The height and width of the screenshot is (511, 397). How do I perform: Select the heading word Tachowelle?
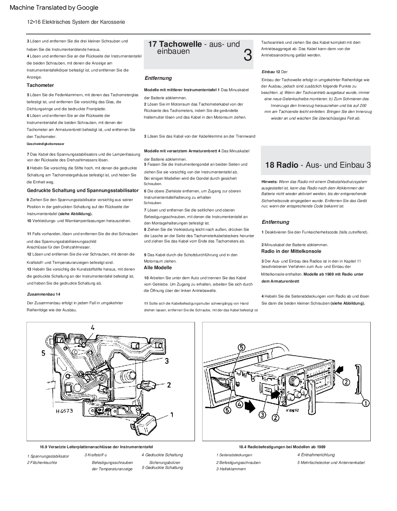coord(180,44)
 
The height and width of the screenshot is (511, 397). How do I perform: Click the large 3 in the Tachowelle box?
coord(248,55)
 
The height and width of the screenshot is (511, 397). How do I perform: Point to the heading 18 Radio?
coord(282,165)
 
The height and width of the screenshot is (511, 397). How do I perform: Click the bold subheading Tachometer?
coord(40,85)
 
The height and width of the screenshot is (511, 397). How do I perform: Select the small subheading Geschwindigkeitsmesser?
coord(45,144)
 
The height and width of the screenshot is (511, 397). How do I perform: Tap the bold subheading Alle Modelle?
coord(158,268)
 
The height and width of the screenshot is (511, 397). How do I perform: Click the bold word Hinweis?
coord(270,182)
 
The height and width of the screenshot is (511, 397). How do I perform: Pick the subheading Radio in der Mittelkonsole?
coord(291,251)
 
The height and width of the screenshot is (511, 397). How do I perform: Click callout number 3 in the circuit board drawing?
coord(166,361)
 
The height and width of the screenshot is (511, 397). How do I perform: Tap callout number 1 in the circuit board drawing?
coord(172,415)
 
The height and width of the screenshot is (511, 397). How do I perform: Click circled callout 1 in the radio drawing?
coord(366,403)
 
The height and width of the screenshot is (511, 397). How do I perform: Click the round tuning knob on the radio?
coord(295,381)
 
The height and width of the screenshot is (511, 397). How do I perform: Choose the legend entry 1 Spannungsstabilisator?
coord(48,456)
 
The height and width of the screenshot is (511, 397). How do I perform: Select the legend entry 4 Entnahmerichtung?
coord(316,455)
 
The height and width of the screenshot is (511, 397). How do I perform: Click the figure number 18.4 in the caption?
coord(243,447)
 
